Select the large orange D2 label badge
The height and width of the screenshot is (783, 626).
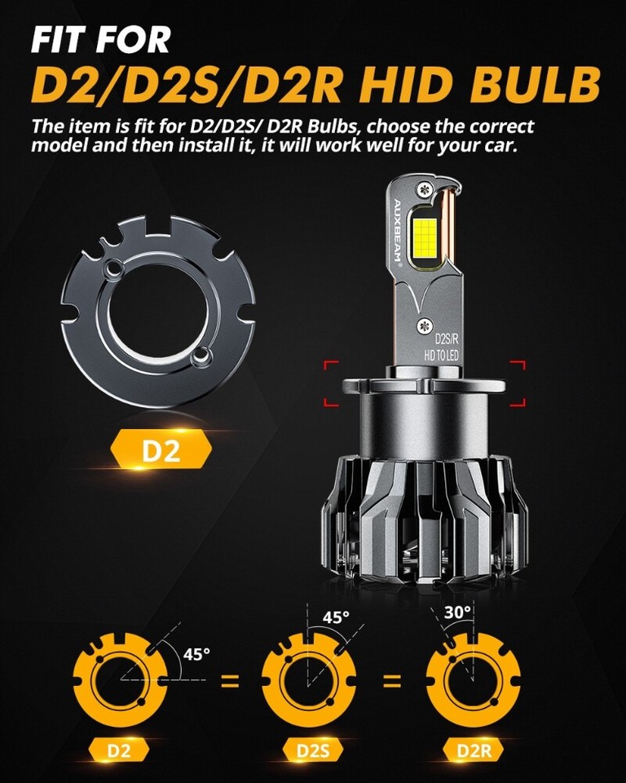[x=161, y=451]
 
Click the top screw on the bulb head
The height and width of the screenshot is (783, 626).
[x=424, y=188]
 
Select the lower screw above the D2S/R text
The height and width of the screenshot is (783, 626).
[x=423, y=324]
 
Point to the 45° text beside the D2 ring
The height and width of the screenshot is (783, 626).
[x=196, y=653]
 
